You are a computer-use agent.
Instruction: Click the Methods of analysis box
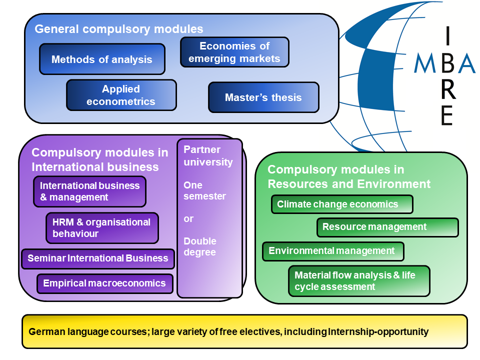pyautogui.click(x=102, y=59)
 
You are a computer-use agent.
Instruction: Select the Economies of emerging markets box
pyautogui.click(x=234, y=52)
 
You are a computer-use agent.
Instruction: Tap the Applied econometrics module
pyautogui.click(x=121, y=95)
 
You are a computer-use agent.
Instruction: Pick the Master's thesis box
pyautogui.click(x=263, y=97)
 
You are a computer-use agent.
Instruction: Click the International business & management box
pyautogui.click(x=90, y=191)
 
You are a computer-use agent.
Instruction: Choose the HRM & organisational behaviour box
pyautogui.click(x=102, y=228)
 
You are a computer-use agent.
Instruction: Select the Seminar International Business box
pyautogui.click(x=98, y=258)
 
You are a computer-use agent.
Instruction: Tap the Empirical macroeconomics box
pyautogui.click(x=104, y=283)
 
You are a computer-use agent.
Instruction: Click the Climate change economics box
pyautogui.click(x=342, y=204)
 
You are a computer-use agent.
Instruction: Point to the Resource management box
pyautogui.click(x=387, y=227)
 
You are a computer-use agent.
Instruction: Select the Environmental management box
pyautogui.click(x=333, y=251)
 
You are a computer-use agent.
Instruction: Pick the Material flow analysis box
pyautogui.click(x=359, y=281)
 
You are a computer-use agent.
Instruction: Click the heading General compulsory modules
pyautogui.click(x=119, y=29)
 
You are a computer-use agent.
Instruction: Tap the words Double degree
pyautogui.click(x=200, y=246)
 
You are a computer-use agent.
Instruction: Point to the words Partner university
pyautogui.click(x=208, y=155)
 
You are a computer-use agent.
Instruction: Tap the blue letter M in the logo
pyautogui.click(x=425, y=64)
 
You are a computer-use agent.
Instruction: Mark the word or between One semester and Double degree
pyautogui.click(x=188, y=219)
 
